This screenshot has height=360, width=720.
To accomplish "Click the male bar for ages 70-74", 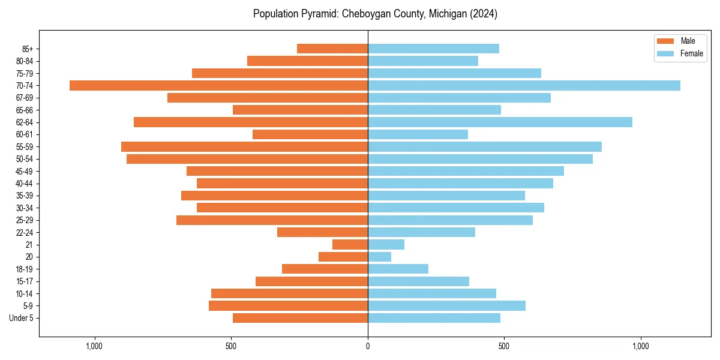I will point(218,85).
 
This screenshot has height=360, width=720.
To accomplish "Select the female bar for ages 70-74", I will point(524,85).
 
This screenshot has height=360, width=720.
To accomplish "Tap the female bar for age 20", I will point(379,257).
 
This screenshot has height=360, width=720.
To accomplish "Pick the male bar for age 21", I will point(350,245).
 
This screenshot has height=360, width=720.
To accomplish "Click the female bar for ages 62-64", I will point(500,122).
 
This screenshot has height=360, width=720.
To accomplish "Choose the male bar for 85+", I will point(332,49).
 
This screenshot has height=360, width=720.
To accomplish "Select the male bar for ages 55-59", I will point(244,147).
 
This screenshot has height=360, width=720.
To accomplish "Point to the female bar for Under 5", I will point(434,318).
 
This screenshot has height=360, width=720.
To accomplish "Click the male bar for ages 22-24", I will point(322,232).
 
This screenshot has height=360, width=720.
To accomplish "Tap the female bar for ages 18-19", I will point(398,269).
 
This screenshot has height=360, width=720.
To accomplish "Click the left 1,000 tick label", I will point(94,346).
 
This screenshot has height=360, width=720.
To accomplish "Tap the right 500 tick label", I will point(504,346).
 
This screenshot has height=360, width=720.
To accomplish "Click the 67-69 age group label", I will point(25,98).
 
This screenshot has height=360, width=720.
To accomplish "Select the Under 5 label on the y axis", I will point(21,318).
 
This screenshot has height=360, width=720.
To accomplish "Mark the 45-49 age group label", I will point(25,172).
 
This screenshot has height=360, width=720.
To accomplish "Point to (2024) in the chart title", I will point(484,14).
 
